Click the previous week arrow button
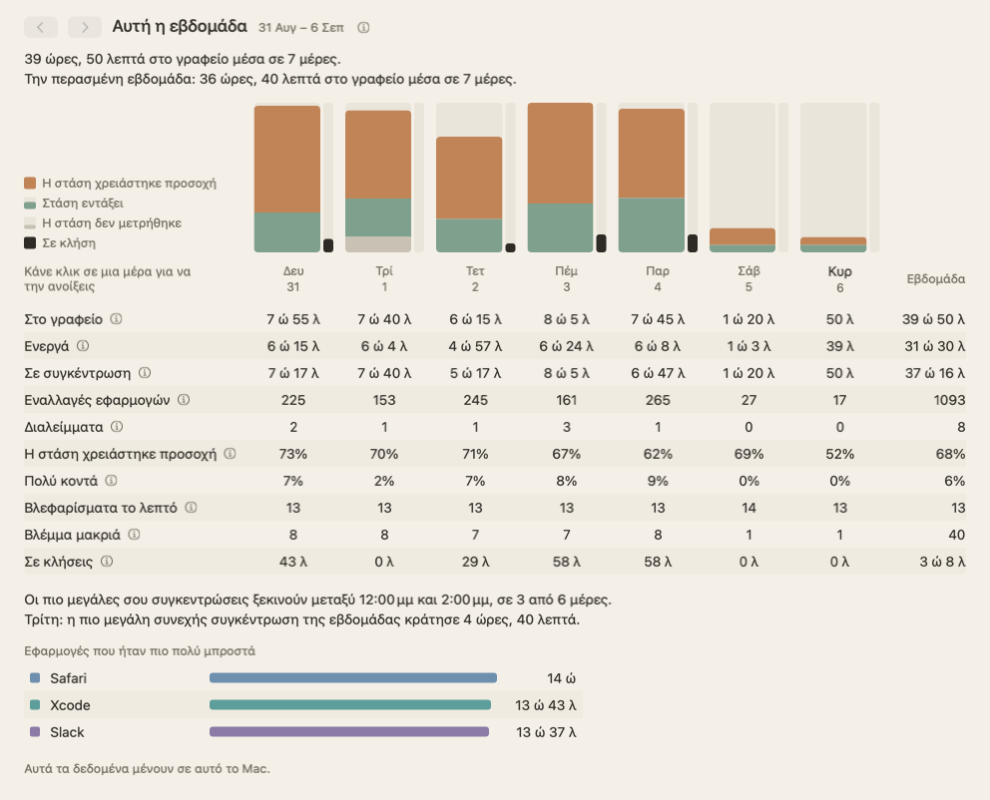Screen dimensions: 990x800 coord(40,27)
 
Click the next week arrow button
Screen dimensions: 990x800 coord(85,27)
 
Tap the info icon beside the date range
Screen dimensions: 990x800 coord(363,28)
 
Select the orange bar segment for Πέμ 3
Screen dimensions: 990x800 coord(560,154)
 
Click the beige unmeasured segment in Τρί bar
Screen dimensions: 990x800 coord(378,244)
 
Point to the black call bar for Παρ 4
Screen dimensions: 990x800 coord(693,243)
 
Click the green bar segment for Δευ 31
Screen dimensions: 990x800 coord(287,232)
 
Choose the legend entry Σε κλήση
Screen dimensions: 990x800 coord(60,243)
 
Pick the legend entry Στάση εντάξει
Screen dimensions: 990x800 coord(74,203)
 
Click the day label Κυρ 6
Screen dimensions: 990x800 coord(839,279)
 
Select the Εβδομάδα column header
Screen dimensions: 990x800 coord(936,279)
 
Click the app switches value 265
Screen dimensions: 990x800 coord(658,400)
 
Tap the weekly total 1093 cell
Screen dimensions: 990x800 coord(949,400)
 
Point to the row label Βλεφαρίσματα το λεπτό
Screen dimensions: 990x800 coord(101,508)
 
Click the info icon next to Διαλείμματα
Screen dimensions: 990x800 coord(117,427)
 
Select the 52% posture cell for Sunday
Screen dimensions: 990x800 coord(839,454)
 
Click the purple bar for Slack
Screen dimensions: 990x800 coord(349,732)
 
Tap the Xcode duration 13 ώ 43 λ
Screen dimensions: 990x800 coord(546,705)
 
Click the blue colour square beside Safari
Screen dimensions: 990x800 coord(35,677)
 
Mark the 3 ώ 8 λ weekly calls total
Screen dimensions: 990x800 coord(942,562)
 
